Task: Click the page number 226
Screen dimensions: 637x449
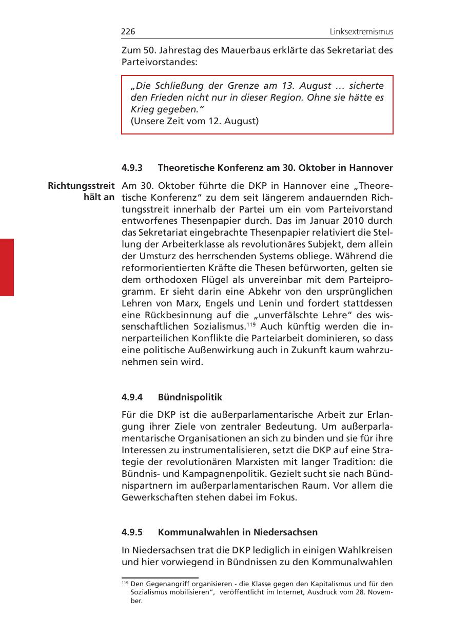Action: [x=128, y=32]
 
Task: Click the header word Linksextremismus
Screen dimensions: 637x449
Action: [x=361, y=32]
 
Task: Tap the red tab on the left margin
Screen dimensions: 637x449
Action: [x=7, y=267]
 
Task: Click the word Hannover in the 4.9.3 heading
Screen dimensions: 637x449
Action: [x=373, y=168]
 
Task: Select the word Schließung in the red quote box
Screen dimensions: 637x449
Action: [x=175, y=85]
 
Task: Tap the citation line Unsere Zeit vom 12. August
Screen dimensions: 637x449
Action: [x=194, y=122]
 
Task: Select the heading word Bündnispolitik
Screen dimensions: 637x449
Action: [x=190, y=397]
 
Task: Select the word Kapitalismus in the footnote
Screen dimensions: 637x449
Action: [x=331, y=584]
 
